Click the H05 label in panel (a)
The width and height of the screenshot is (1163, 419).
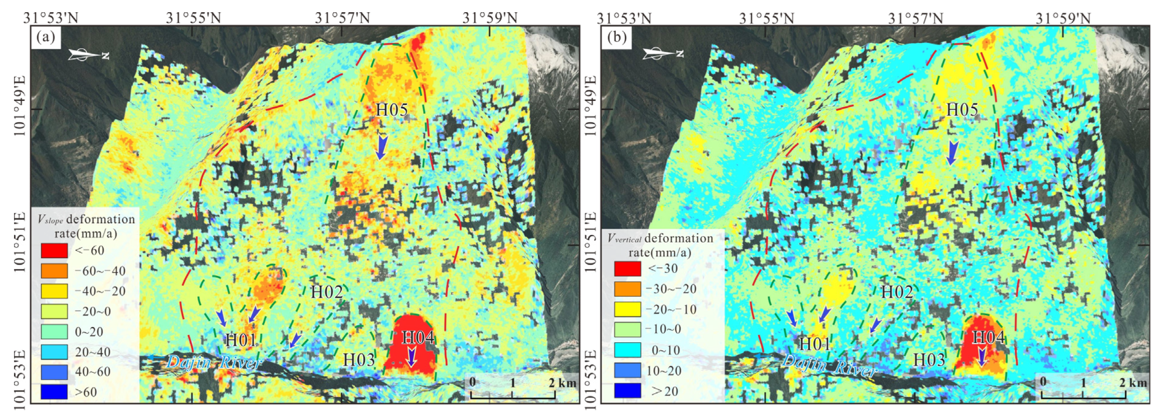tap(391, 110)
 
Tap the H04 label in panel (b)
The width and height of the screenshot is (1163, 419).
tap(988, 337)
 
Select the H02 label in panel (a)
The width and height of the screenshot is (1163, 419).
tap(327, 292)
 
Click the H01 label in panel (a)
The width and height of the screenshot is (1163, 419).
tap(241, 340)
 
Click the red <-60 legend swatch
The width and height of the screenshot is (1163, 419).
tap(54, 251)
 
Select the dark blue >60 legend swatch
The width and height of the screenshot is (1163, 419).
tap(54, 391)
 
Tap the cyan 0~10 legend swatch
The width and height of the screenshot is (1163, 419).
tap(627, 350)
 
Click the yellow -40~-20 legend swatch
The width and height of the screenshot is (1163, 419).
tap(54, 291)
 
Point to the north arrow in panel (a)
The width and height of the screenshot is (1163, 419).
tap(89, 55)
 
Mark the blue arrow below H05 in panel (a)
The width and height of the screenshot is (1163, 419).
tap(382, 147)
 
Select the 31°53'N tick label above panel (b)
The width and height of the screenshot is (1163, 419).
tap(624, 18)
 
